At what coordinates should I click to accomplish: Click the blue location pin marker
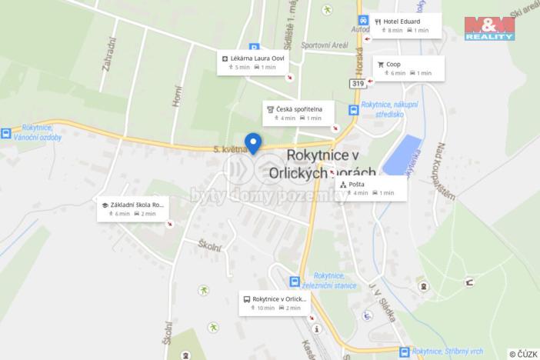point(252,142)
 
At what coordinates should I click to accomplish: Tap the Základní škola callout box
point(132,208)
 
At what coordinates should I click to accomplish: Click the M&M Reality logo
point(489,28)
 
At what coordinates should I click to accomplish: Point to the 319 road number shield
point(357,83)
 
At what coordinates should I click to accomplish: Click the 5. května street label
point(227,149)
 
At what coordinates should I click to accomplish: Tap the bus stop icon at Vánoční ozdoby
point(6,133)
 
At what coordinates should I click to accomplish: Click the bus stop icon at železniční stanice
point(294,282)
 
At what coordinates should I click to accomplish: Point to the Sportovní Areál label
point(324,45)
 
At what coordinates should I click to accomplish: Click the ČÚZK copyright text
point(522,353)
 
